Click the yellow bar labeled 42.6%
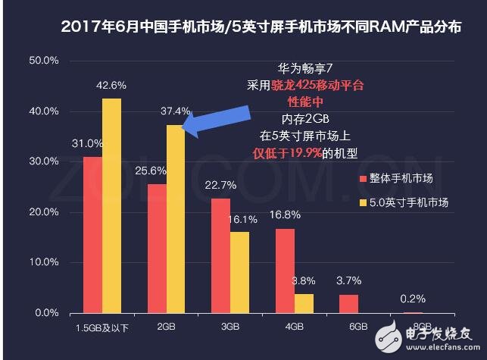111,205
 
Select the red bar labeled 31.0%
92,234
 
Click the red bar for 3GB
220,255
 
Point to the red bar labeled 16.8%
286,271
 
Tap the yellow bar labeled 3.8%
304,303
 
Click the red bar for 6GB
350,303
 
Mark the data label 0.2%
412,298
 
